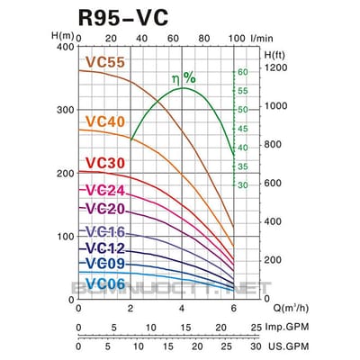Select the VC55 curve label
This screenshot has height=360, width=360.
point(105,63)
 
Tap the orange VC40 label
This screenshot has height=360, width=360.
point(105,121)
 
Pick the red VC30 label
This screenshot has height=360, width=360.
point(105,163)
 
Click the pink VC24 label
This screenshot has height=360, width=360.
point(105,191)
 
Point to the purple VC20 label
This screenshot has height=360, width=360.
point(105,209)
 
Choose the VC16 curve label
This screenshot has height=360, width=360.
point(105,231)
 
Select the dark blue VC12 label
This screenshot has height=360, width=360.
point(105,247)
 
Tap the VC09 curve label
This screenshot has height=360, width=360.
point(105,263)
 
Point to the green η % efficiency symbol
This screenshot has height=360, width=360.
point(184,78)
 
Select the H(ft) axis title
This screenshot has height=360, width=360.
point(275,55)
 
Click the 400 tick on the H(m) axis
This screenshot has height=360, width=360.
point(63,46)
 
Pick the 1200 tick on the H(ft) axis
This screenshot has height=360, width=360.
point(277,67)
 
